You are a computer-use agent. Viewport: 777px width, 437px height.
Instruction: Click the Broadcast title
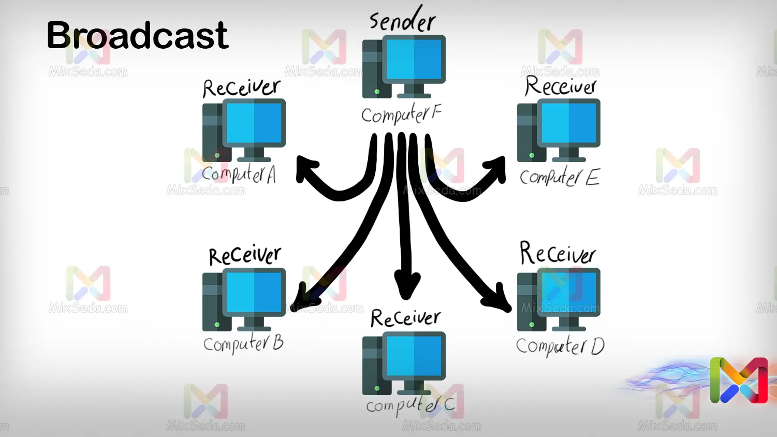pos(137,35)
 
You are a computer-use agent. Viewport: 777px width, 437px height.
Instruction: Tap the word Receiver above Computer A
pos(242,88)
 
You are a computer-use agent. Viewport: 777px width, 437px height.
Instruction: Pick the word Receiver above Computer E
pos(561,86)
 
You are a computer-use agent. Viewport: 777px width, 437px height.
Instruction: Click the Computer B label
pos(243,343)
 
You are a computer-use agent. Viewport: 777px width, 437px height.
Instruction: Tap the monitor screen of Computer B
pos(254,292)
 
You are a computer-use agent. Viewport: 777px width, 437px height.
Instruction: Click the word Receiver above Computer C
pos(405,318)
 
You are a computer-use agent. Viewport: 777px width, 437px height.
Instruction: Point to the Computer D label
pos(560,346)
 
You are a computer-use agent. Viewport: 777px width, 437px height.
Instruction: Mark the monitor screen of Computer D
pos(569,292)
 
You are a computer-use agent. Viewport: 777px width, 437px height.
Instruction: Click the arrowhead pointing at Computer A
pos(305,168)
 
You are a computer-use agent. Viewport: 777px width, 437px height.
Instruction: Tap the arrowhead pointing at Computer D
pos(499,300)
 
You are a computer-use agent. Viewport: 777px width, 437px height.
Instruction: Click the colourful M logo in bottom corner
pos(739,381)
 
